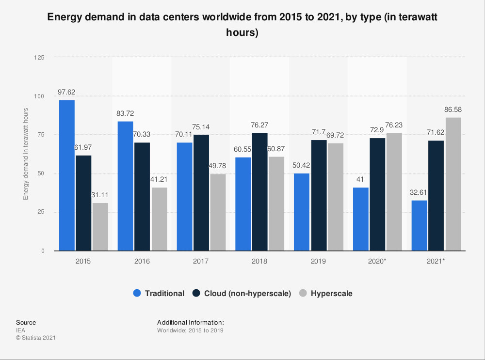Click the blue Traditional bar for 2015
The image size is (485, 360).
pyautogui.click(x=67, y=175)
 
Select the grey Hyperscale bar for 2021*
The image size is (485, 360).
pyautogui.click(x=453, y=184)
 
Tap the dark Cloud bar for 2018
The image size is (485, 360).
pyautogui.click(x=259, y=192)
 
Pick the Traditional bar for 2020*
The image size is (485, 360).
pyautogui.click(x=361, y=219)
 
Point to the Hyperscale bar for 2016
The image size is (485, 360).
pyautogui.click(x=159, y=219)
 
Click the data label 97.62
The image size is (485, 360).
pyautogui.click(x=67, y=92)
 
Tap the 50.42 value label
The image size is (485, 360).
pyautogui.click(x=302, y=165)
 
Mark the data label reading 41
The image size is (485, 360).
pyautogui.click(x=361, y=180)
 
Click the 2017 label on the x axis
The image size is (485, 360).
pyautogui.click(x=201, y=261)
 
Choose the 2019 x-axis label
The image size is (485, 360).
pyautogui.click(x=319, y=261)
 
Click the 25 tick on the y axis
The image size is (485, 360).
pyautogui.click(x=41, y=212)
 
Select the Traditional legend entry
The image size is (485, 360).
pyautogui.click(x=164, y=293)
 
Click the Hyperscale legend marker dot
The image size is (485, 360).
pyautogui.click(x=303, y=293)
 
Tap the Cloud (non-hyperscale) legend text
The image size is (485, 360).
pyautogui.click(x=247, y=293)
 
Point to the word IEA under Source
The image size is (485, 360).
pyautogui.click(x=21, y=330)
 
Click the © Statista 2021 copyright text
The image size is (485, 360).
pyautogui.click(x=36, y=338)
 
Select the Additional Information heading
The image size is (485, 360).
pyautogui.click(x=190, y=322)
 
